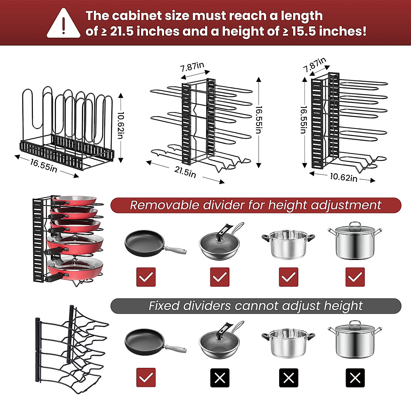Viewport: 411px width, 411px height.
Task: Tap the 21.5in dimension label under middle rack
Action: tap(185, 171)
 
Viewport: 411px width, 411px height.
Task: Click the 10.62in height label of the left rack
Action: tap(120, 125)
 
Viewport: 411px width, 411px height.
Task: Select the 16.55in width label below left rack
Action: tap(43, 165)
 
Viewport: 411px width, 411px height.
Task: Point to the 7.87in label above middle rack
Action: tap(192, 66)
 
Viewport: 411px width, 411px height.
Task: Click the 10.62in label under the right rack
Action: tap(344, 177)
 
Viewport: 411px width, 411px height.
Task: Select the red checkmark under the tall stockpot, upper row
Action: tap(355, 277)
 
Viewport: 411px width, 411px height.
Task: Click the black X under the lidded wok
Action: tap(220, 378)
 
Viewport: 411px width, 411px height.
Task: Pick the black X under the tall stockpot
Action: tap(355, 378)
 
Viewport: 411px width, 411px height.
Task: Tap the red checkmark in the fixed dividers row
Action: tap(146, 378)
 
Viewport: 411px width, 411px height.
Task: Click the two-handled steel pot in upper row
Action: tap(288, 244)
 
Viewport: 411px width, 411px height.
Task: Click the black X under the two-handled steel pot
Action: tap(288, 378)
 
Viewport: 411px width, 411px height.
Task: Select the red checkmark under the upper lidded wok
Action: tap(220, 277)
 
